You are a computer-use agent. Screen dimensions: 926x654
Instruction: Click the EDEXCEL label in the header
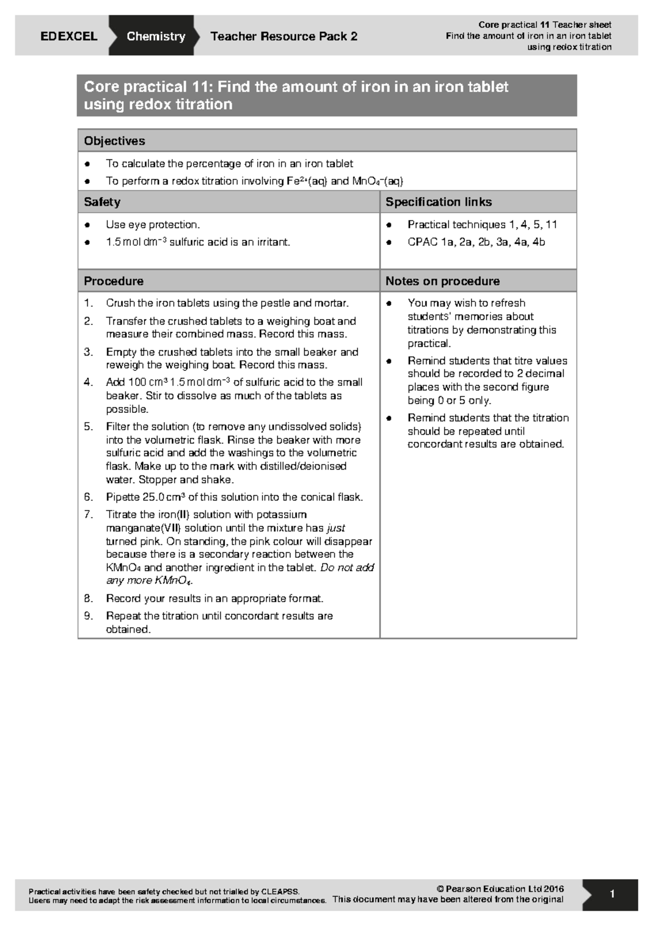69,36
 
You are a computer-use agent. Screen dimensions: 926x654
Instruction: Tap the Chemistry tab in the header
155,36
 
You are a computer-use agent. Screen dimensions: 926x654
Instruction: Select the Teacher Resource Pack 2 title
283,36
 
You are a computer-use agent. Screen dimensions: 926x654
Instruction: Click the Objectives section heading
114,141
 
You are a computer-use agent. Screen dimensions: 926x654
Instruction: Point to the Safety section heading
102,202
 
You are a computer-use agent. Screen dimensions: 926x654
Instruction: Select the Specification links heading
438,202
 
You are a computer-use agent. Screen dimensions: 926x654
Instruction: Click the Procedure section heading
113,281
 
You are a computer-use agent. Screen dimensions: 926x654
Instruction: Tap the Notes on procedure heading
442,281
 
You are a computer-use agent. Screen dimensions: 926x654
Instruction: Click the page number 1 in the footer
612,894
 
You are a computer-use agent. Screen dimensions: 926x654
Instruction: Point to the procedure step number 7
88,514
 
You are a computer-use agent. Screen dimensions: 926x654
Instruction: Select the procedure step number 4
88,382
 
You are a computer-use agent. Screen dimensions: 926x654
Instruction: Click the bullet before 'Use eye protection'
87,225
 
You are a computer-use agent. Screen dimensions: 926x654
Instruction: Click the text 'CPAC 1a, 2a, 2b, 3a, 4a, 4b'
476,242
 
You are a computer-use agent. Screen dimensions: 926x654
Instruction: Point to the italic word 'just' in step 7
336,528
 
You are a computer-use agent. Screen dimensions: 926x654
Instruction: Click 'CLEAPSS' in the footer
280,891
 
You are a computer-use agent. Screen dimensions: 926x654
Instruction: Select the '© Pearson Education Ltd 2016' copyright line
500,888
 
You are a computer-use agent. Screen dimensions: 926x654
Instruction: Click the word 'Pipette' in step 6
123,497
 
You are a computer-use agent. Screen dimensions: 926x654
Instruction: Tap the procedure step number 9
88,616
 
